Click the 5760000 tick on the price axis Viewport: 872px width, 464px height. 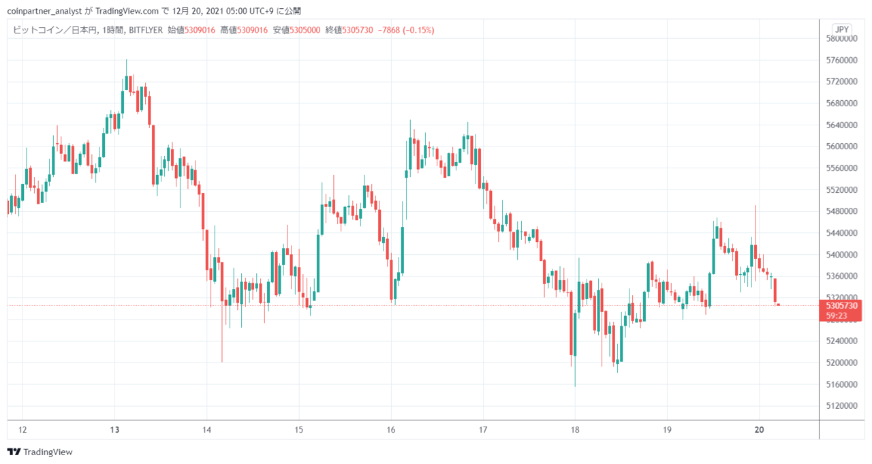pos(841,61)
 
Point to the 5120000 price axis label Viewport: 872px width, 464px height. pos(841,405)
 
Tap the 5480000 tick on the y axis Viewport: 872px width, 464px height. pos(841,211)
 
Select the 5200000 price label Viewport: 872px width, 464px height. pos(841,362)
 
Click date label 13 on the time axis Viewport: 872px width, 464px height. pos(114,430)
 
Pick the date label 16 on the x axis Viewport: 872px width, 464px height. pos(391,430)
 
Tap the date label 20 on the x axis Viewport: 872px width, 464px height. pos(759,430)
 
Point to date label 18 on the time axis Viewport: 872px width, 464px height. pos(575,430)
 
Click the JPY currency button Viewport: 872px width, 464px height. pos(842,29)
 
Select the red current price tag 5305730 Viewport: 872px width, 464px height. pos(841,306)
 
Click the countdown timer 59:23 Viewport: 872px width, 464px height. pos(837,315)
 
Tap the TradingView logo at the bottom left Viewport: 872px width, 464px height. pos(40,452)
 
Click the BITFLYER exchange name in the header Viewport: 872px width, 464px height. pos(146,30)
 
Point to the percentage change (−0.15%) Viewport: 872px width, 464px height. pos(418,30)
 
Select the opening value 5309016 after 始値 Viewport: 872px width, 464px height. pos(200,30)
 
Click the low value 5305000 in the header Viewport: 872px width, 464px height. pos(305,30)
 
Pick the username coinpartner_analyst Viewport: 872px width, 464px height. pos(44,11)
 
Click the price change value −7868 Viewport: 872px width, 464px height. pos(388,30)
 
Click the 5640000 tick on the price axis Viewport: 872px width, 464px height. pos(841,125)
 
